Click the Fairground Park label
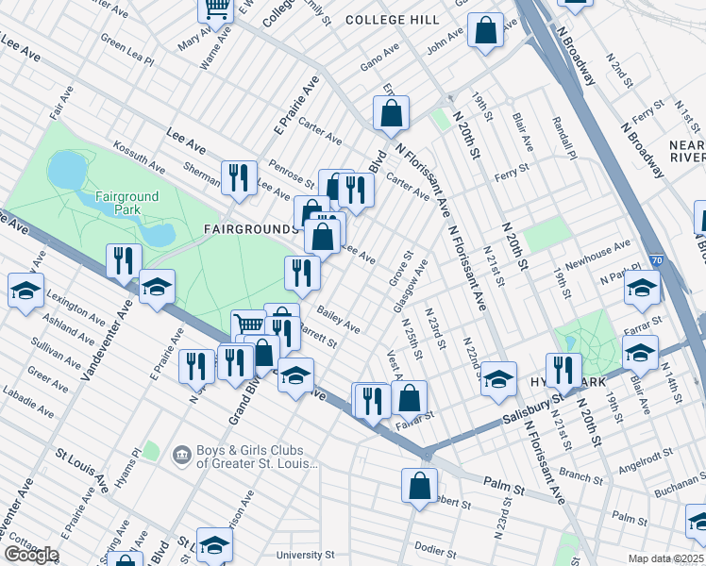click(x=126, y=202)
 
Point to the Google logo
click(x=30, y=555)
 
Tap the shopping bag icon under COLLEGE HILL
click(x=485, y=32)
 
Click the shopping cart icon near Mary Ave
click(x=215, y=9)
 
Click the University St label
click(x=305, y=555)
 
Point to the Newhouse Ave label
click(x=597, y=248)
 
